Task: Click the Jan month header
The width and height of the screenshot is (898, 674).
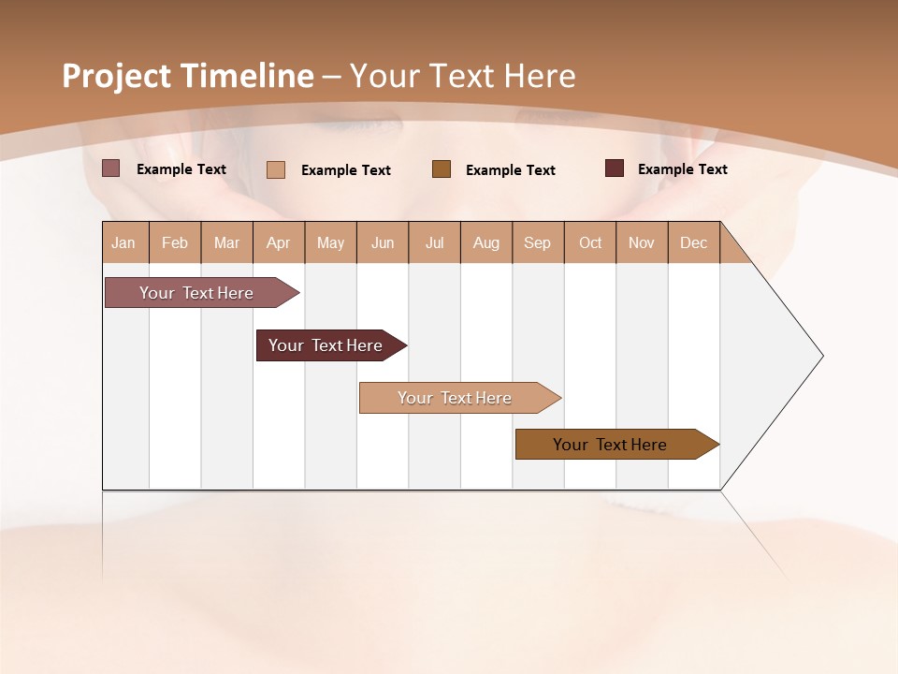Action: [x=124, y=242]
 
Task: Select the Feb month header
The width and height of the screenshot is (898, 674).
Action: [x=175, y=242]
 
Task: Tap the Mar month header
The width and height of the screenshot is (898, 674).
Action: [x=226, y=242]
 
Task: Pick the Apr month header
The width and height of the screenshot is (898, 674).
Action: [x=279, y=242]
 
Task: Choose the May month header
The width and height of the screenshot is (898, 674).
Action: [x=330, y=242]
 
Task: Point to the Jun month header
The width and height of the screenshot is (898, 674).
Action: [x=383, y=242]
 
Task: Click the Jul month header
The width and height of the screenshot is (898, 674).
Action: [x=435, y=242]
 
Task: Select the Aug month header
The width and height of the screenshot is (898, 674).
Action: [x=486, y=242]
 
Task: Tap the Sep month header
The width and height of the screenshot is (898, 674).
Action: [x=538, y=242]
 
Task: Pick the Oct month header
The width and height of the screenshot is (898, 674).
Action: [x=590, y=242]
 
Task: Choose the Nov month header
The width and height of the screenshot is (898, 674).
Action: [x=642, y=242]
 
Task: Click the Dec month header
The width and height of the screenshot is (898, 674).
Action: [x=694, y=242]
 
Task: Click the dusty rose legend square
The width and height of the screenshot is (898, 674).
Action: [x=111, y=168]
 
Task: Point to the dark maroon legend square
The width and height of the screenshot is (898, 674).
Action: [x=615, y=168]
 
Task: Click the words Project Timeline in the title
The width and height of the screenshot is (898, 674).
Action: [x=188, y=76]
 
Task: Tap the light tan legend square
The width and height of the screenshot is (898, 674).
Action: [x=276, y=169]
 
